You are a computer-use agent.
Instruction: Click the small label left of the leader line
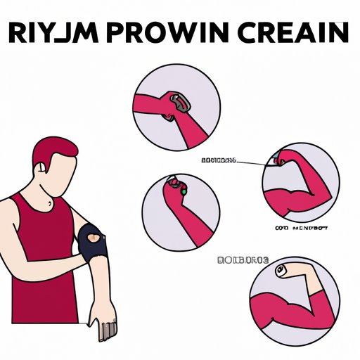[x=219, y=161]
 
